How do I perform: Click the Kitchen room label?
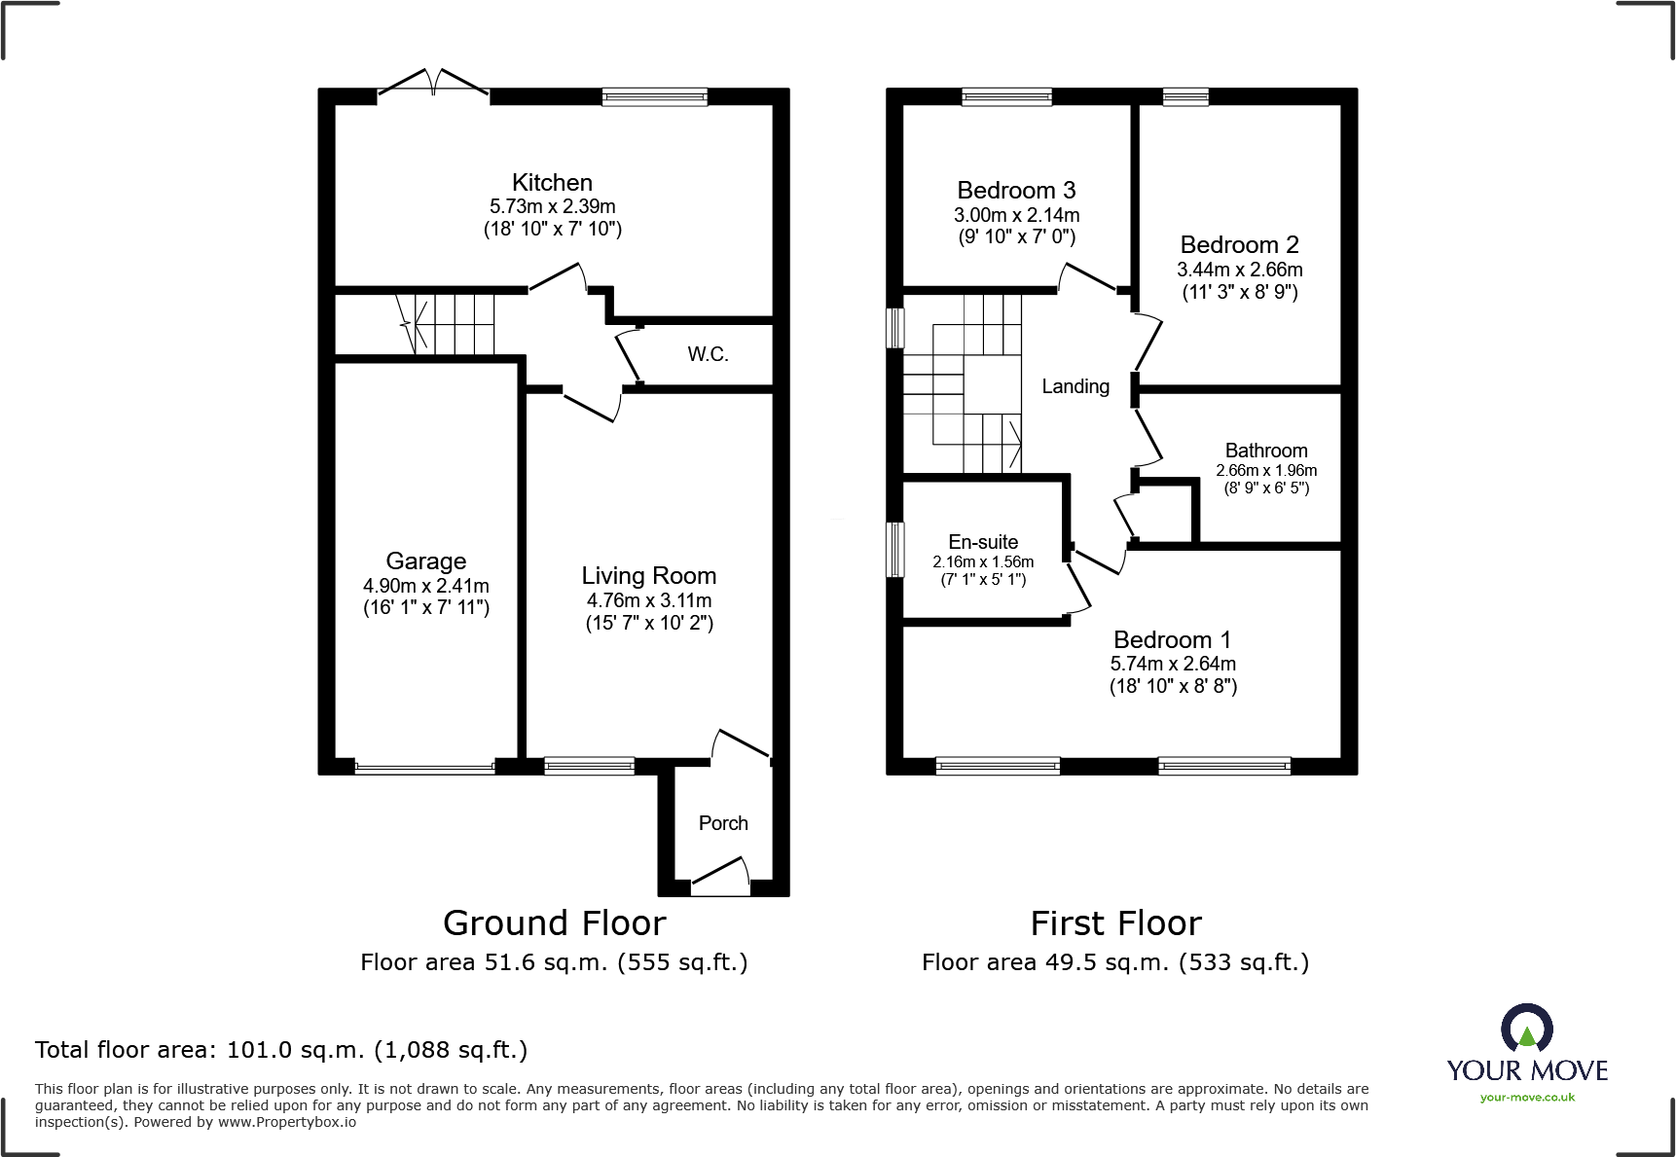552,183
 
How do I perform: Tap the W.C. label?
708,354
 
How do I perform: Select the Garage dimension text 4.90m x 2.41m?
425,586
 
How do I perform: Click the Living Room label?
648,576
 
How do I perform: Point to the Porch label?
723,823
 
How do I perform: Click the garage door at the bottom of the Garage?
425,768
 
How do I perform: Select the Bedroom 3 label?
1016,191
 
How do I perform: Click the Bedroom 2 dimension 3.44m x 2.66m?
1239,270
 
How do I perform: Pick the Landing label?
1075,386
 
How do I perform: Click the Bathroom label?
1265,451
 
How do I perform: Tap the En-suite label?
983,542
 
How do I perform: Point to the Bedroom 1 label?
1172,640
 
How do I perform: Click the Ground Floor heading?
554,922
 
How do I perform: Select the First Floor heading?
1115,922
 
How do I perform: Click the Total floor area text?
281,1050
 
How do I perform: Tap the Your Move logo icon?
1526,1028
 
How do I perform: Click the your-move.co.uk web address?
1527,1098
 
